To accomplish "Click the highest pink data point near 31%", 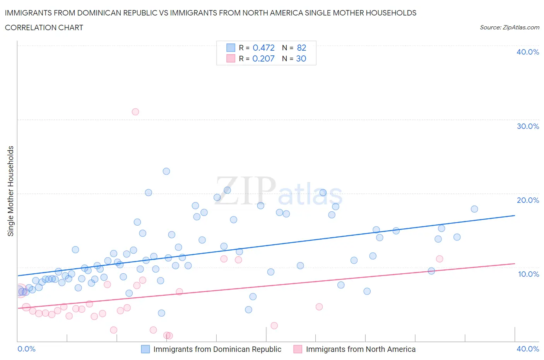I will click(x=135, y=112).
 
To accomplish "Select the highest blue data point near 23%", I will click(x=166, y=171).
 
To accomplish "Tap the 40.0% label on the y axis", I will click(x=528, y=52).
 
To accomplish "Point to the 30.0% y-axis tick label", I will click(x=528, y=126).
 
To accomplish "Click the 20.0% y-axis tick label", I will click(x=528, y=200).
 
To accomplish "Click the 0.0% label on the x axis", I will click(x=26, y=349).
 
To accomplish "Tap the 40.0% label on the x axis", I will click(x=528, y=349).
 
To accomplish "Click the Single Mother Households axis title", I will click(x=11, y=191).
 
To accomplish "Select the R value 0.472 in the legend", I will click(x=263, y=48).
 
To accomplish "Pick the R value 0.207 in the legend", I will click(x=263, y=58).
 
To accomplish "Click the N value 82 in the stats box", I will click(x=301, y=48).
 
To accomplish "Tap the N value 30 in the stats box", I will click(x=301, y=58).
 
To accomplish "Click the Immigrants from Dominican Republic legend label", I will click(x=217, y=349).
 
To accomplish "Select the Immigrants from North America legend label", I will click(x=361, y=349).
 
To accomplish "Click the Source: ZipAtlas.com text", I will click(x=509, y=27).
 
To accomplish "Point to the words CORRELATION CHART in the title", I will click(x=44, y=27).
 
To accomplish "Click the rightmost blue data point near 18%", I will click(x=474, y=209).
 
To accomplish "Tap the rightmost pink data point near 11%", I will click(x=440, y=259).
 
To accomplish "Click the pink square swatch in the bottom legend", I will click(x=298, y=349).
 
